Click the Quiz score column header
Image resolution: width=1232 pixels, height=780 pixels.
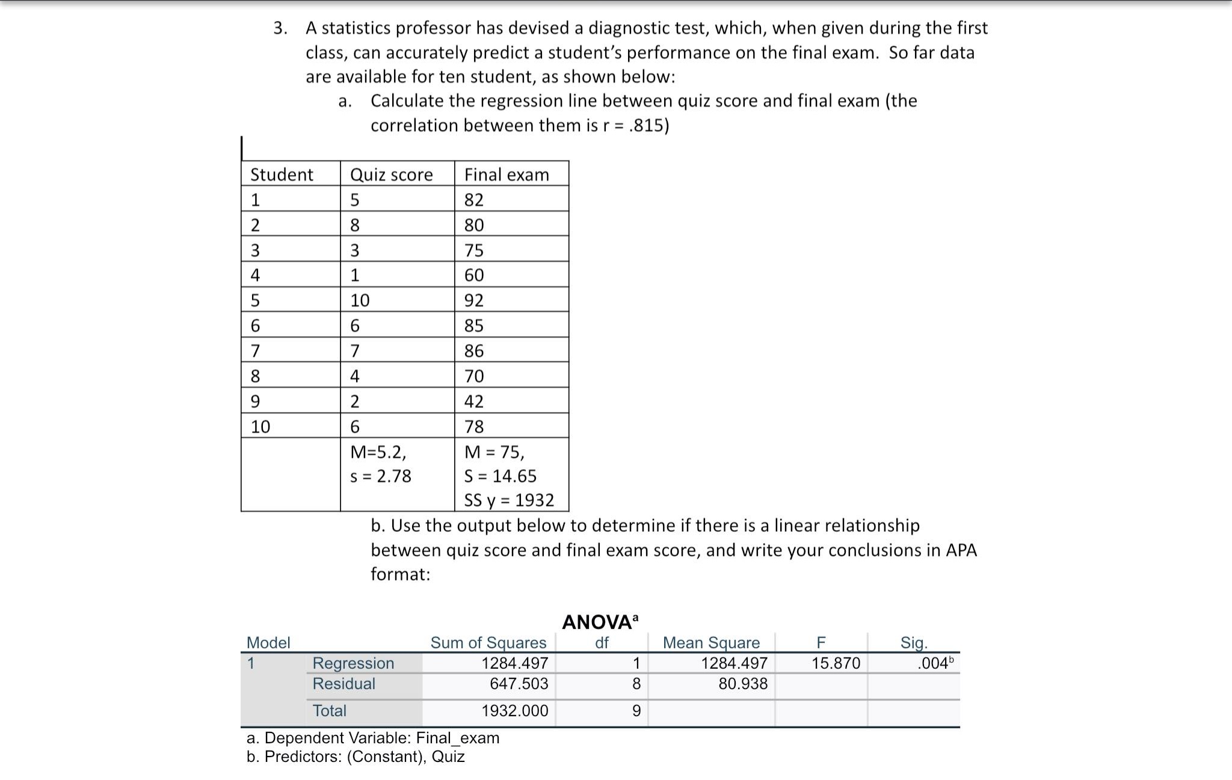coord(391,174)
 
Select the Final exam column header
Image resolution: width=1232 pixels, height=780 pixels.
coord(507,174)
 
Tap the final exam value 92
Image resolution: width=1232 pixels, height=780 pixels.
coord(474,300)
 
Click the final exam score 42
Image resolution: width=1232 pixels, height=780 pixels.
coord(474,401)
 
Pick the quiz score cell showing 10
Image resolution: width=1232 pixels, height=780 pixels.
coord(360,300)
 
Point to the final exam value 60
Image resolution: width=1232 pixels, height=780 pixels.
coord(474,275)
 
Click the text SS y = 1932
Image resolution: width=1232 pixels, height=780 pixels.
coord(509,500)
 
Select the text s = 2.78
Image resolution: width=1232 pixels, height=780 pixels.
coord(381,476)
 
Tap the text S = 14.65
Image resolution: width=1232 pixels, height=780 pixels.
coord(500,476)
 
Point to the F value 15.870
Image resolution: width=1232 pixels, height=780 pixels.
coord(836,663)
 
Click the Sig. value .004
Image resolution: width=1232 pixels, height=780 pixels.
coord(933,663)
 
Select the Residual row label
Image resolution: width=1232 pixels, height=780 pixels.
coord(343,684)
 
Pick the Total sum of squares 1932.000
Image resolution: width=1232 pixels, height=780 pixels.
coord(515,711)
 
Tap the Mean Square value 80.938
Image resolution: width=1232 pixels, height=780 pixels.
coord(743,684)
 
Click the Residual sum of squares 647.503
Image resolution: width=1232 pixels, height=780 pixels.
coord(519,684)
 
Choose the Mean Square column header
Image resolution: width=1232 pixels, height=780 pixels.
coord(711,643)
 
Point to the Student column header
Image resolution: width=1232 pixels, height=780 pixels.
coord(282,174)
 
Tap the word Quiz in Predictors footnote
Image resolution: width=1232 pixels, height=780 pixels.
coord(448,757)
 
